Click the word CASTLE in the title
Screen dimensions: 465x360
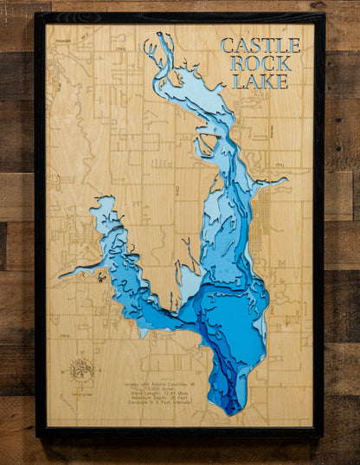point(260,45)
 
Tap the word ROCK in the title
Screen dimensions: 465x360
point(260,63)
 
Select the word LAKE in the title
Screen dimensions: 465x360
point(260,81)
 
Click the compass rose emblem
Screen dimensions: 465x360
point(81,367)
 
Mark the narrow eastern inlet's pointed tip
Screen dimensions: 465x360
point(286,180)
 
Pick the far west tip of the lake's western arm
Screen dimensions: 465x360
point(61,275)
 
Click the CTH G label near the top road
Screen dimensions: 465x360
point(121,49)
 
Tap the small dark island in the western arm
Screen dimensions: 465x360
point(101,277)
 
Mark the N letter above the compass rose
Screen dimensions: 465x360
point(81,355)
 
